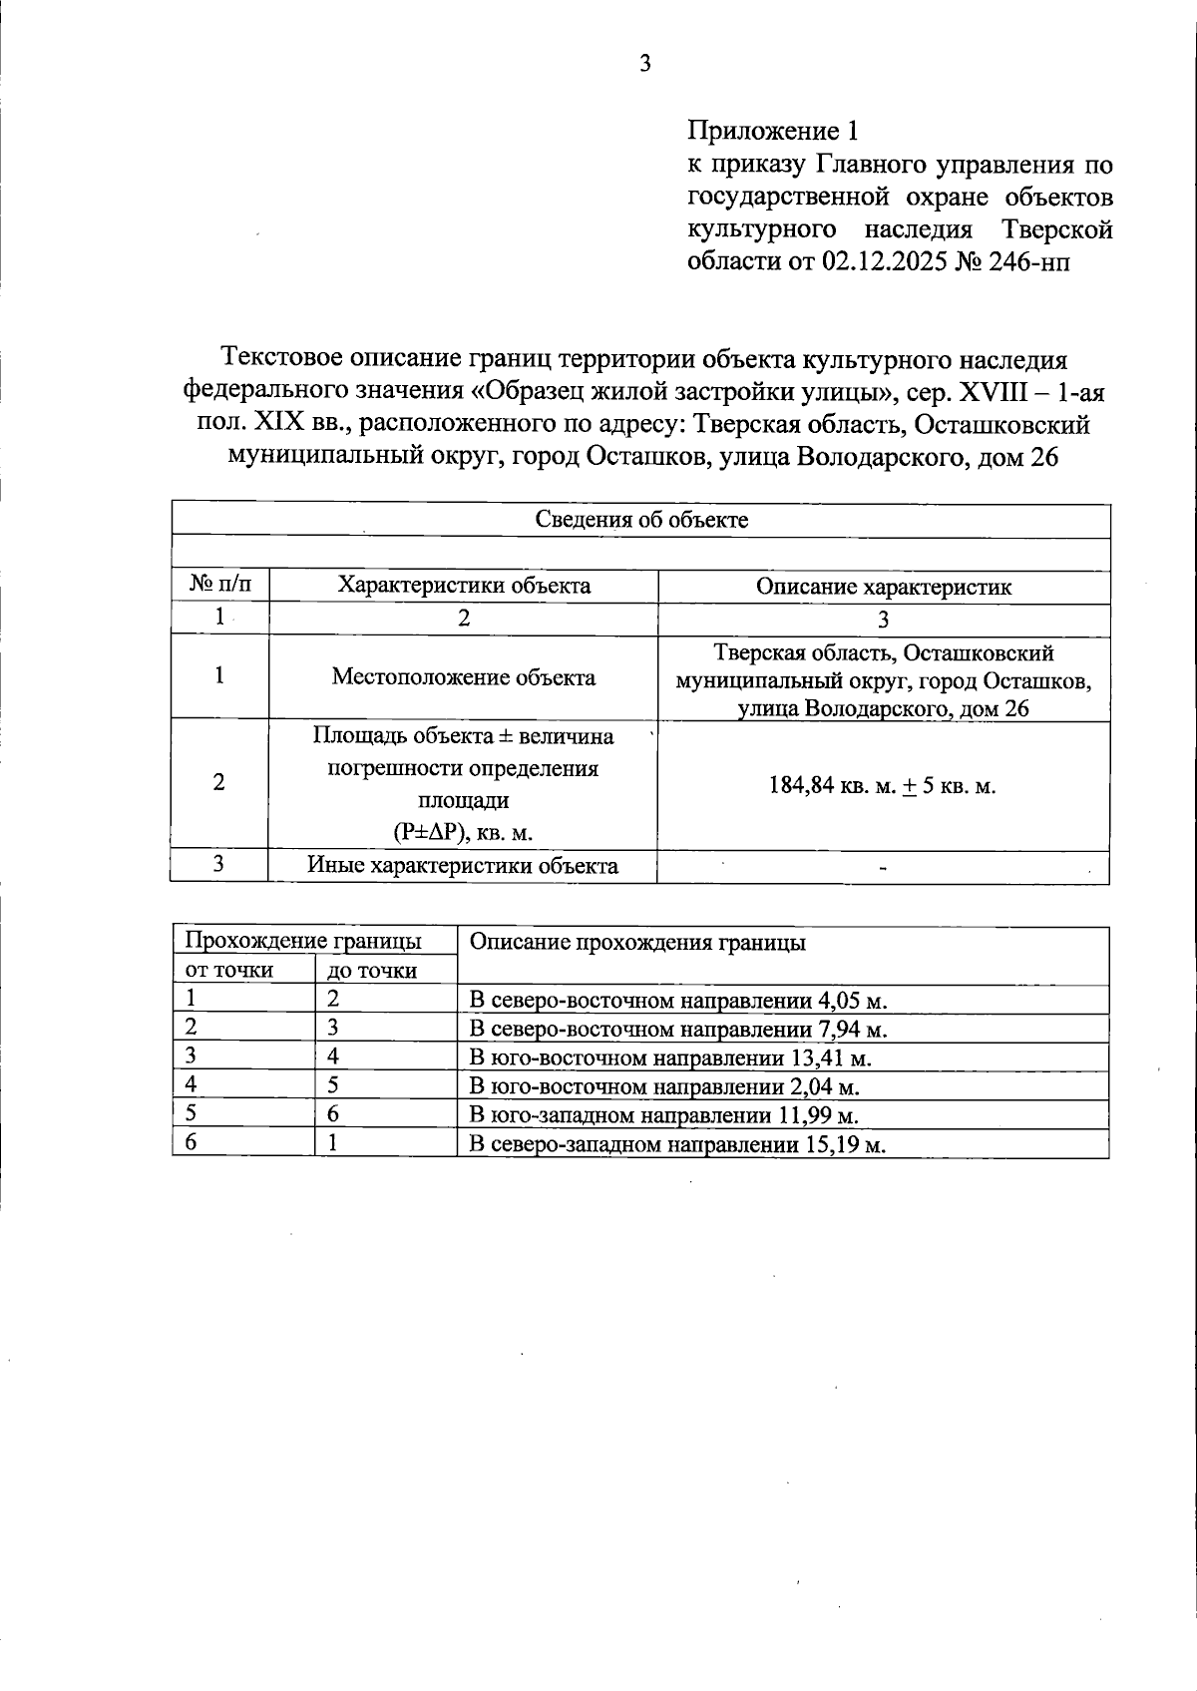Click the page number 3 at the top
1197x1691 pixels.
tap(644, 64)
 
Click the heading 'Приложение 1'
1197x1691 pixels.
tap(772, 131)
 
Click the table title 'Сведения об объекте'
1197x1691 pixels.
tap(641, 520)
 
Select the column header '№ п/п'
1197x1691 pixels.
tap(219, 586)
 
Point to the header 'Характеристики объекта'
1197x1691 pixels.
tap(464, 586)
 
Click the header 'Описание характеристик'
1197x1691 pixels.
tap(883, 587)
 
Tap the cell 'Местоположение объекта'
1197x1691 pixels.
tap(464, 677)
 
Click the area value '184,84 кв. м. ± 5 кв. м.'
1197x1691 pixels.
tap(883, 786)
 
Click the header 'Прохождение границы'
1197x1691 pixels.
tap(303, 941)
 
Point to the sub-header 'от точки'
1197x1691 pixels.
tap(229, 970)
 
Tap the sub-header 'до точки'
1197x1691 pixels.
tap(373, 971)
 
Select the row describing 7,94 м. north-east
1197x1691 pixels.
tap(678, 1030)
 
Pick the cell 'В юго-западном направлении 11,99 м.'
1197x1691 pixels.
tap(663, 1115)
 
